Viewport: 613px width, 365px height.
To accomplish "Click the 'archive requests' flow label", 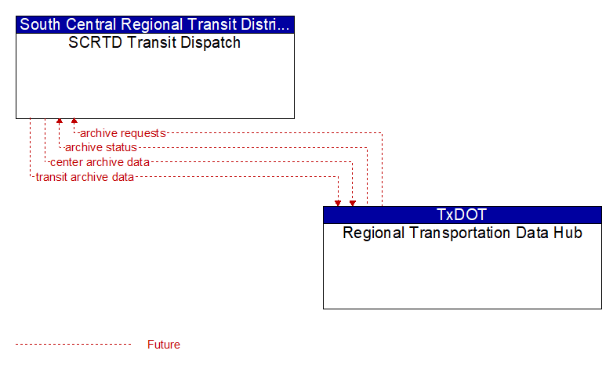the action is [x=123, y=133].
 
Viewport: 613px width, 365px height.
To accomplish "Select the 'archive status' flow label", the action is [x=101, y=147].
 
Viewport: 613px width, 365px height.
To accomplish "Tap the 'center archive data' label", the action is [x=100, y=162].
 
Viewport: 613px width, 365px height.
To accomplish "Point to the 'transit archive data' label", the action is [x=85, y=177].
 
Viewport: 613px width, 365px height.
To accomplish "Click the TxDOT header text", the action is [x=462, y=215].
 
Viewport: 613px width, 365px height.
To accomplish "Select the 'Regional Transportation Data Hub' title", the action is [x=462, y=233].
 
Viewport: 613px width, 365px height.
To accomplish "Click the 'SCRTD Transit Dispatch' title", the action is [x=154, y=42].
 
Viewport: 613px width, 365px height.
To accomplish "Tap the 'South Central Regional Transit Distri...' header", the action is [x=154, y=24].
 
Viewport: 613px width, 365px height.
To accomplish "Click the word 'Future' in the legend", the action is [x=164, y=345].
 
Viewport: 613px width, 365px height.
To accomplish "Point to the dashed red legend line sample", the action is [x=74, y=345].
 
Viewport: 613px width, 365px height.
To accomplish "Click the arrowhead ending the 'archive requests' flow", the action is [x=74, y=121].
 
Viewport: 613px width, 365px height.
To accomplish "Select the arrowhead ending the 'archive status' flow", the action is [x=60, y=121].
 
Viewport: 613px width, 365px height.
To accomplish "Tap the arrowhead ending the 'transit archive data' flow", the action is [x=338, y=203].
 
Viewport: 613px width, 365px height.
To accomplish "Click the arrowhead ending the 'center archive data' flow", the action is [x=353, y=203].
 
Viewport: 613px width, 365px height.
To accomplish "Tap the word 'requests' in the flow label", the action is [x=143, y=133].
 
